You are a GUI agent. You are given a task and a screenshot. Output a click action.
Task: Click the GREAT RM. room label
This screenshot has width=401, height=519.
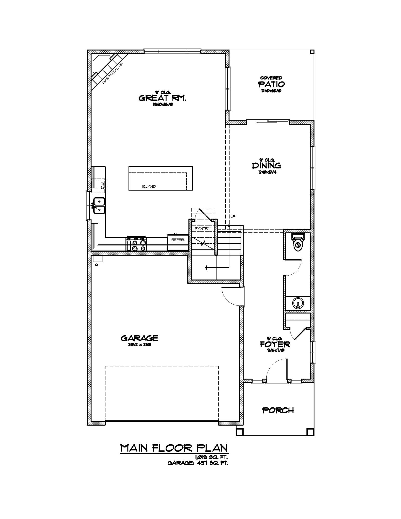[162, 98]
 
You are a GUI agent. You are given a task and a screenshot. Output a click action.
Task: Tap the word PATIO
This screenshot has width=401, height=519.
[271, 84]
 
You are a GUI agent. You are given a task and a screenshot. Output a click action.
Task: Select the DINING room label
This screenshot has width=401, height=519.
[266, 165]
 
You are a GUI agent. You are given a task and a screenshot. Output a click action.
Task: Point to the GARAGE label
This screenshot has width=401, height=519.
[139, 338]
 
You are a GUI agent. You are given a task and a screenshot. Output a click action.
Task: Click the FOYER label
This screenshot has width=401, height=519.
[275, 344]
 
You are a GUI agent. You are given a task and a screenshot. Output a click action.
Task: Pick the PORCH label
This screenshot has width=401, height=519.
[278, 410]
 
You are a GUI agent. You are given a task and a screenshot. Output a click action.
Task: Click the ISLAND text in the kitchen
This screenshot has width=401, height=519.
[149, 186]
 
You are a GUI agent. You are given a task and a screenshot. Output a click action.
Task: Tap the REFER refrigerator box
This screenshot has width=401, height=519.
[178, 240]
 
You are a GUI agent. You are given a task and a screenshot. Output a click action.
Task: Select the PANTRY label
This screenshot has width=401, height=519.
[202, 228]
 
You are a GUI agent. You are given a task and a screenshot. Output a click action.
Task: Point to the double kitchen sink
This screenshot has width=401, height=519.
[99, 205]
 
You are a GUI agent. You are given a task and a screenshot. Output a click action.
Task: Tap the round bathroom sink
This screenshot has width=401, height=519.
[297, 303]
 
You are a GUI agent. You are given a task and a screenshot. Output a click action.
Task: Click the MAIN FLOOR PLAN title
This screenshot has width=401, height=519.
[174, 448]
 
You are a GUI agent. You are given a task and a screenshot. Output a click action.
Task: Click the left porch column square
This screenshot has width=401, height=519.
[240, 432]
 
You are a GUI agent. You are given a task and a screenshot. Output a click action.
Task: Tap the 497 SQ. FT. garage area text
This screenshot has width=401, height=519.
[212, 463]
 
